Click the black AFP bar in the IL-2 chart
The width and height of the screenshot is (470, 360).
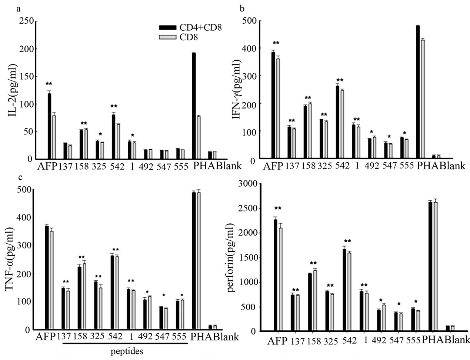49,126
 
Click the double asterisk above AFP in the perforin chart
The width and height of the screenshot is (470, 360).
278,209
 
